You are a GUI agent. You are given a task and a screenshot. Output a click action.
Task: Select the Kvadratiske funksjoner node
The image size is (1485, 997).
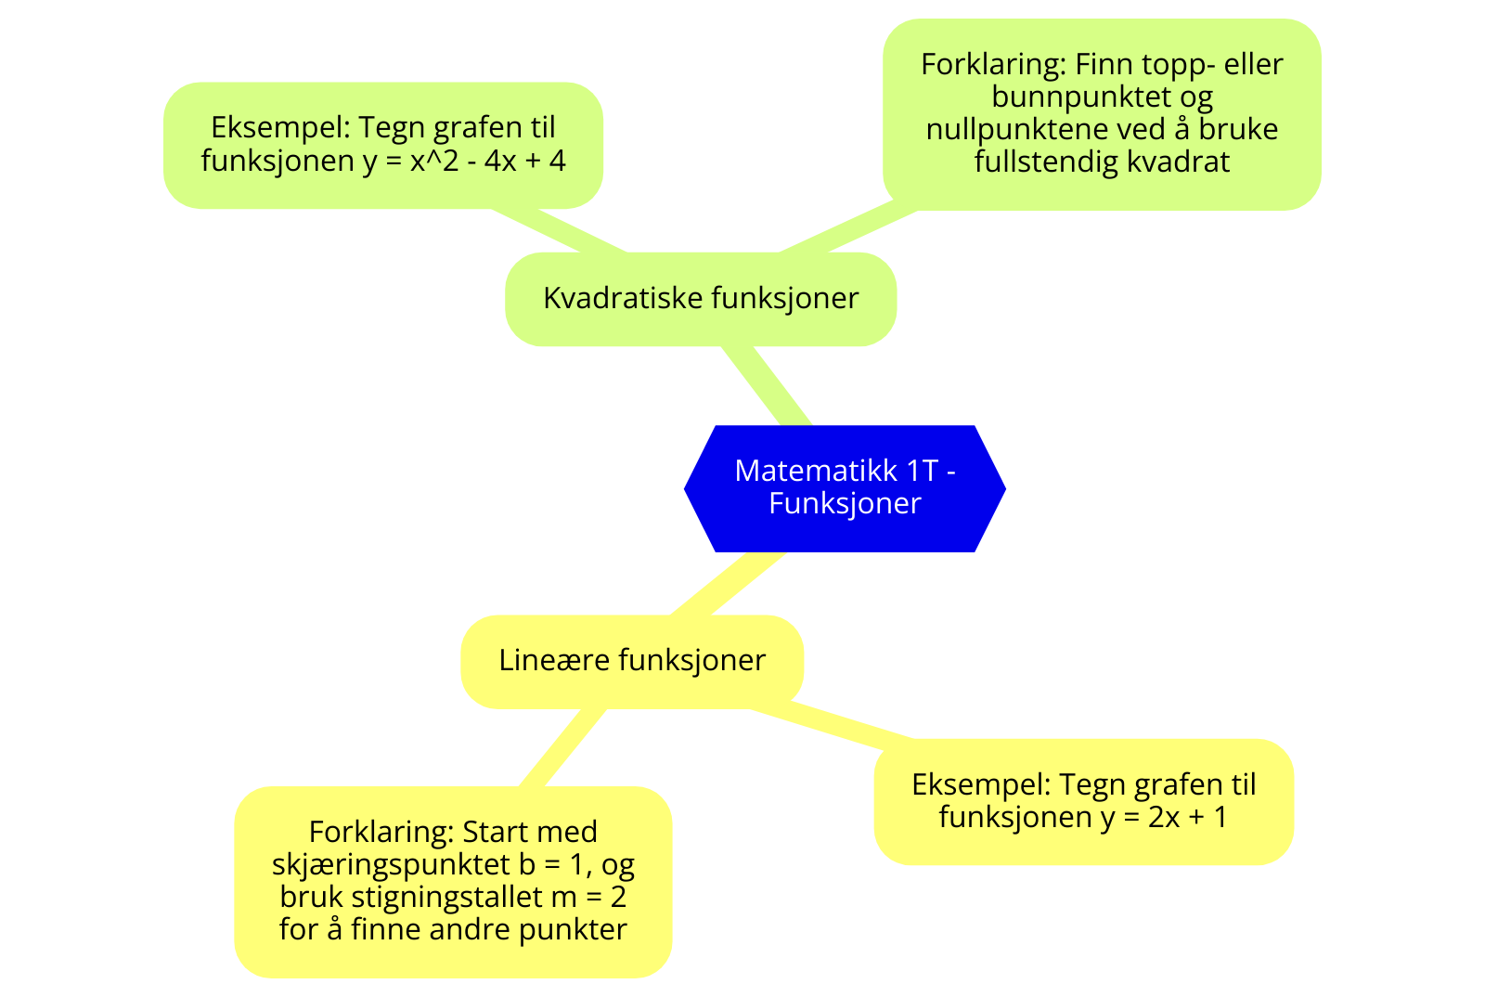(701, 299)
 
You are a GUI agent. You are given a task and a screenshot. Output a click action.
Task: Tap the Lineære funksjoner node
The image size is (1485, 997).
(632, 661)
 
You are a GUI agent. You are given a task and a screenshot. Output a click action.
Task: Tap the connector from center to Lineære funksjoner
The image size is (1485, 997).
(729, 583)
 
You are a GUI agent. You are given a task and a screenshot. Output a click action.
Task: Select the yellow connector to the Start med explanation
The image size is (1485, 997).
(562, 747)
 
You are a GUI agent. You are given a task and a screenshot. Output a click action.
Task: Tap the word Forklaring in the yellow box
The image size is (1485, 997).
(381, 832)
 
